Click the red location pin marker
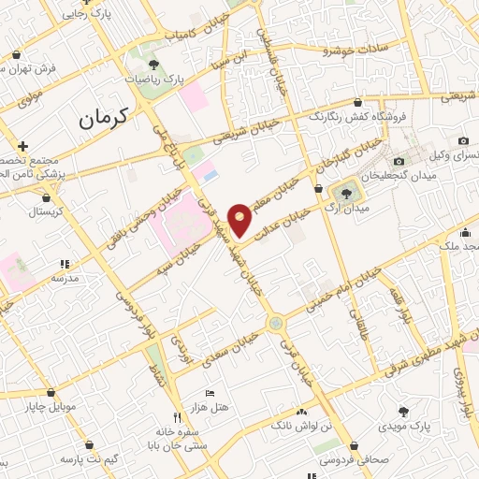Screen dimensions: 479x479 coord(240,218)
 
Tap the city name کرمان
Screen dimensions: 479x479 coord(101,118)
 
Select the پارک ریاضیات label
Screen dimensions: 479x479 coord(153,81)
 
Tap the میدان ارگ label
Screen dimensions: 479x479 coord(348,209)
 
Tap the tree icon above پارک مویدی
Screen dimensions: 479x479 coord(404,411)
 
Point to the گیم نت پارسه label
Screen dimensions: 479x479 coord(87,460)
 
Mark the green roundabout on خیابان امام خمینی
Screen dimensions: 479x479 coord(275,324)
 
